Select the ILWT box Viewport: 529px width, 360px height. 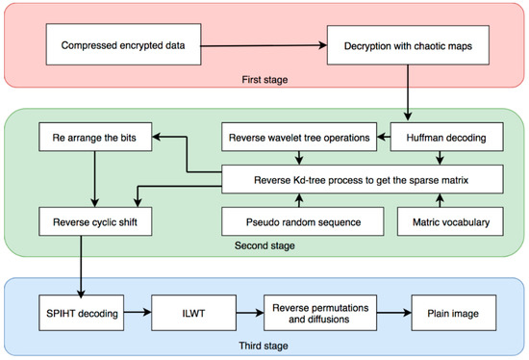coord(195,314)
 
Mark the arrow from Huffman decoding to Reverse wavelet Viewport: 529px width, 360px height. coord(385,138)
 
